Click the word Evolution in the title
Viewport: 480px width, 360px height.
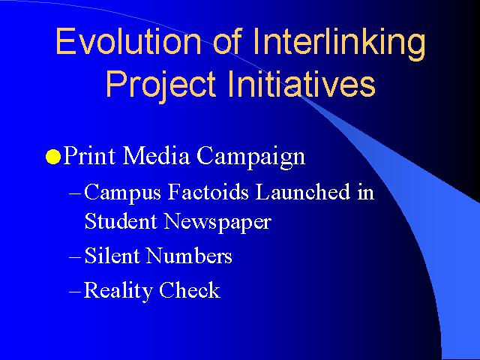point(128,41)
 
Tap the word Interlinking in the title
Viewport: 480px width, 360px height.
point(339,44)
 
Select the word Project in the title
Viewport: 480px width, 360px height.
point(160,84)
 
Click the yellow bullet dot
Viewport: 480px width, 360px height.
point(53,157)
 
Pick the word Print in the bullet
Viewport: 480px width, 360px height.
point(90,155)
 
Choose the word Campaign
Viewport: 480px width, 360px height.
point(251,157)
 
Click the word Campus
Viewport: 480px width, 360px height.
point(122,193)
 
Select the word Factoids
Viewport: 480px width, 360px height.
point(208,192)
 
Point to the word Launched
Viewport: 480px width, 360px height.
point(303,192)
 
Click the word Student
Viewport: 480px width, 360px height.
point(121,220)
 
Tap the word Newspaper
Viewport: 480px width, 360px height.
point(217,223)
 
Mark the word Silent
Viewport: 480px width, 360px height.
point(112,255)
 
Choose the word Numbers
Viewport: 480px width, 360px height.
point(189,255)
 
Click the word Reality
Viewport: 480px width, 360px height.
point(118,291)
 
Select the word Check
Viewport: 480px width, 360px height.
point(190,289)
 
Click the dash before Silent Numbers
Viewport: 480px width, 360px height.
point(75,256)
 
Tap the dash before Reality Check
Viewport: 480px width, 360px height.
point(75,291)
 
